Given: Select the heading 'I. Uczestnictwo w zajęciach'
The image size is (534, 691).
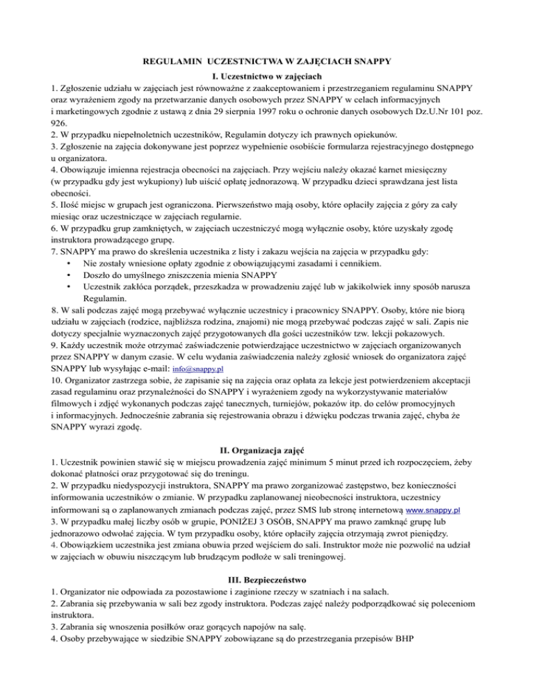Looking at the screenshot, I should pos(267,76).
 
